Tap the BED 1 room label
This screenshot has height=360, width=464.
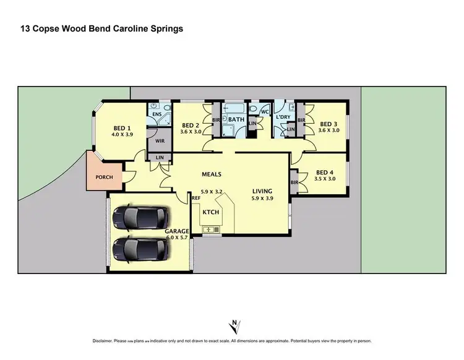click(x=122, y=127)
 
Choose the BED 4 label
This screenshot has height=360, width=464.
click(x=325, y=173)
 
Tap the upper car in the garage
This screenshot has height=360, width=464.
click(x=140, y=218)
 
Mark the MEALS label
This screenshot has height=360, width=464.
click(x=211, y=175)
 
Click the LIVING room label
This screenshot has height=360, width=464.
click(x=262, y=191)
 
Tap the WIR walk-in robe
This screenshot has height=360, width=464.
click(x=160, y=141)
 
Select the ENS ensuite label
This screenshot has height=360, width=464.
click(x=157, y=114)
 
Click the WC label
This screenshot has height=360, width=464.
click(x=264, y=112)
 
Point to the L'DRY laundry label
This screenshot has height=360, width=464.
click(x=283, y=117)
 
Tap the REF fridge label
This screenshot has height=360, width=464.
click(x=195, y=198)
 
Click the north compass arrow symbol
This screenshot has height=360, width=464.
click(x=233, y=325)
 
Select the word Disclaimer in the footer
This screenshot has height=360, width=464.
click(x=105, y=341)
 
